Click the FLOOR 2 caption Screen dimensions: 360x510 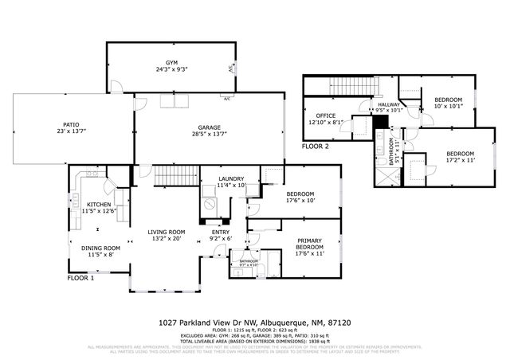316,147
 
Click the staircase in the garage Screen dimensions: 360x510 175,174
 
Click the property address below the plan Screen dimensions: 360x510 255,322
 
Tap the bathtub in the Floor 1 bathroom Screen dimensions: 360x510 269,262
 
